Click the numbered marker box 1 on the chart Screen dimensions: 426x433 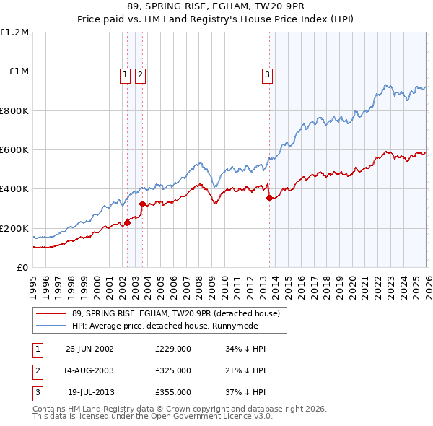pos(125,74)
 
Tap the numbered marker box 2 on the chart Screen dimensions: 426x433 pos(139,74)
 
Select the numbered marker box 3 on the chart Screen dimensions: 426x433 pos(267,74)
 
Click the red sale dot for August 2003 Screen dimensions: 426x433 pos(142,204)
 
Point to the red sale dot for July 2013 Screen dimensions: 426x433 pos(269,198)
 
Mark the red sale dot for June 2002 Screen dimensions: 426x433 pos(128,222)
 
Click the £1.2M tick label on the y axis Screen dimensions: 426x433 pos(14,32)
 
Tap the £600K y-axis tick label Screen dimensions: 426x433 pos(14,150)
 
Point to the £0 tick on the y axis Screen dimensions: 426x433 pos(23,267)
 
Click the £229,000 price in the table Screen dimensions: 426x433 pos(173,348)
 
